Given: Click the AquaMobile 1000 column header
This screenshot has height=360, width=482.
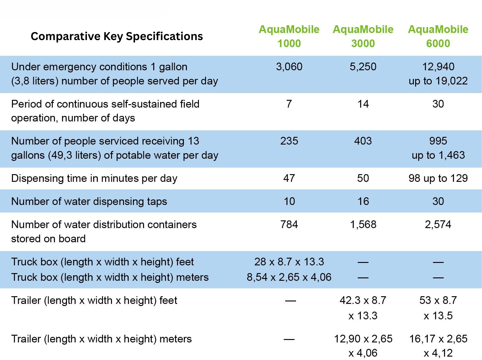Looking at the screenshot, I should pos(289,36).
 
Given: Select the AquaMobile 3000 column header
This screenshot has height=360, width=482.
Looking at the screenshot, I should pos(363,36).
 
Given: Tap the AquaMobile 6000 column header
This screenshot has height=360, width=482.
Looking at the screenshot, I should pos(438,36).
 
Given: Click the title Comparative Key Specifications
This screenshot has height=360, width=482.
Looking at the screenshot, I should pos(117,36).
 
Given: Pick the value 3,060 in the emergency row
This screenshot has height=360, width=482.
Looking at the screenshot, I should pos(289,67).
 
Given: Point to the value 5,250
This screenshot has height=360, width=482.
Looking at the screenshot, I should pos(363,67).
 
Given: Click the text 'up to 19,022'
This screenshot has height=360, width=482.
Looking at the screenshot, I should pos(438,81).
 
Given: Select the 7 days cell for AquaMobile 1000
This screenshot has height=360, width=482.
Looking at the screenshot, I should pos(289,104).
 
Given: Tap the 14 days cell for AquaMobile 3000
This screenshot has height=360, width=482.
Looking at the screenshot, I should pos(363,104).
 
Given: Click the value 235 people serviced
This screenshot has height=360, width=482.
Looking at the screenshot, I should pos(289,141).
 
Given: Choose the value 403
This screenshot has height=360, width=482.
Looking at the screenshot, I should pos(363,141).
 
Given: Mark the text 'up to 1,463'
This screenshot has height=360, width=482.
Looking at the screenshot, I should pos(438,155).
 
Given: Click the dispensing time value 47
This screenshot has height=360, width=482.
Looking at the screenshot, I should pos(289,178).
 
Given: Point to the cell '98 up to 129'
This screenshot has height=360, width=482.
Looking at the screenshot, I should pos(438,178).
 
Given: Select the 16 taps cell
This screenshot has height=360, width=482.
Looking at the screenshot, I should pos(363,201).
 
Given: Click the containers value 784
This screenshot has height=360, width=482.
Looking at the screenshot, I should pos(289,224).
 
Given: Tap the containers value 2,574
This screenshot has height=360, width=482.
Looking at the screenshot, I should pos(438,224).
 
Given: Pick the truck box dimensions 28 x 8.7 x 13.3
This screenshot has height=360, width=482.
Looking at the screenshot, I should pos(289,262).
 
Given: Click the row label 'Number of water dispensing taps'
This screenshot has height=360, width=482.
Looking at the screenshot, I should pos(89,201).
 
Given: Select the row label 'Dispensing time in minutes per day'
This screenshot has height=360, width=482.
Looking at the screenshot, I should pos(94,178).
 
